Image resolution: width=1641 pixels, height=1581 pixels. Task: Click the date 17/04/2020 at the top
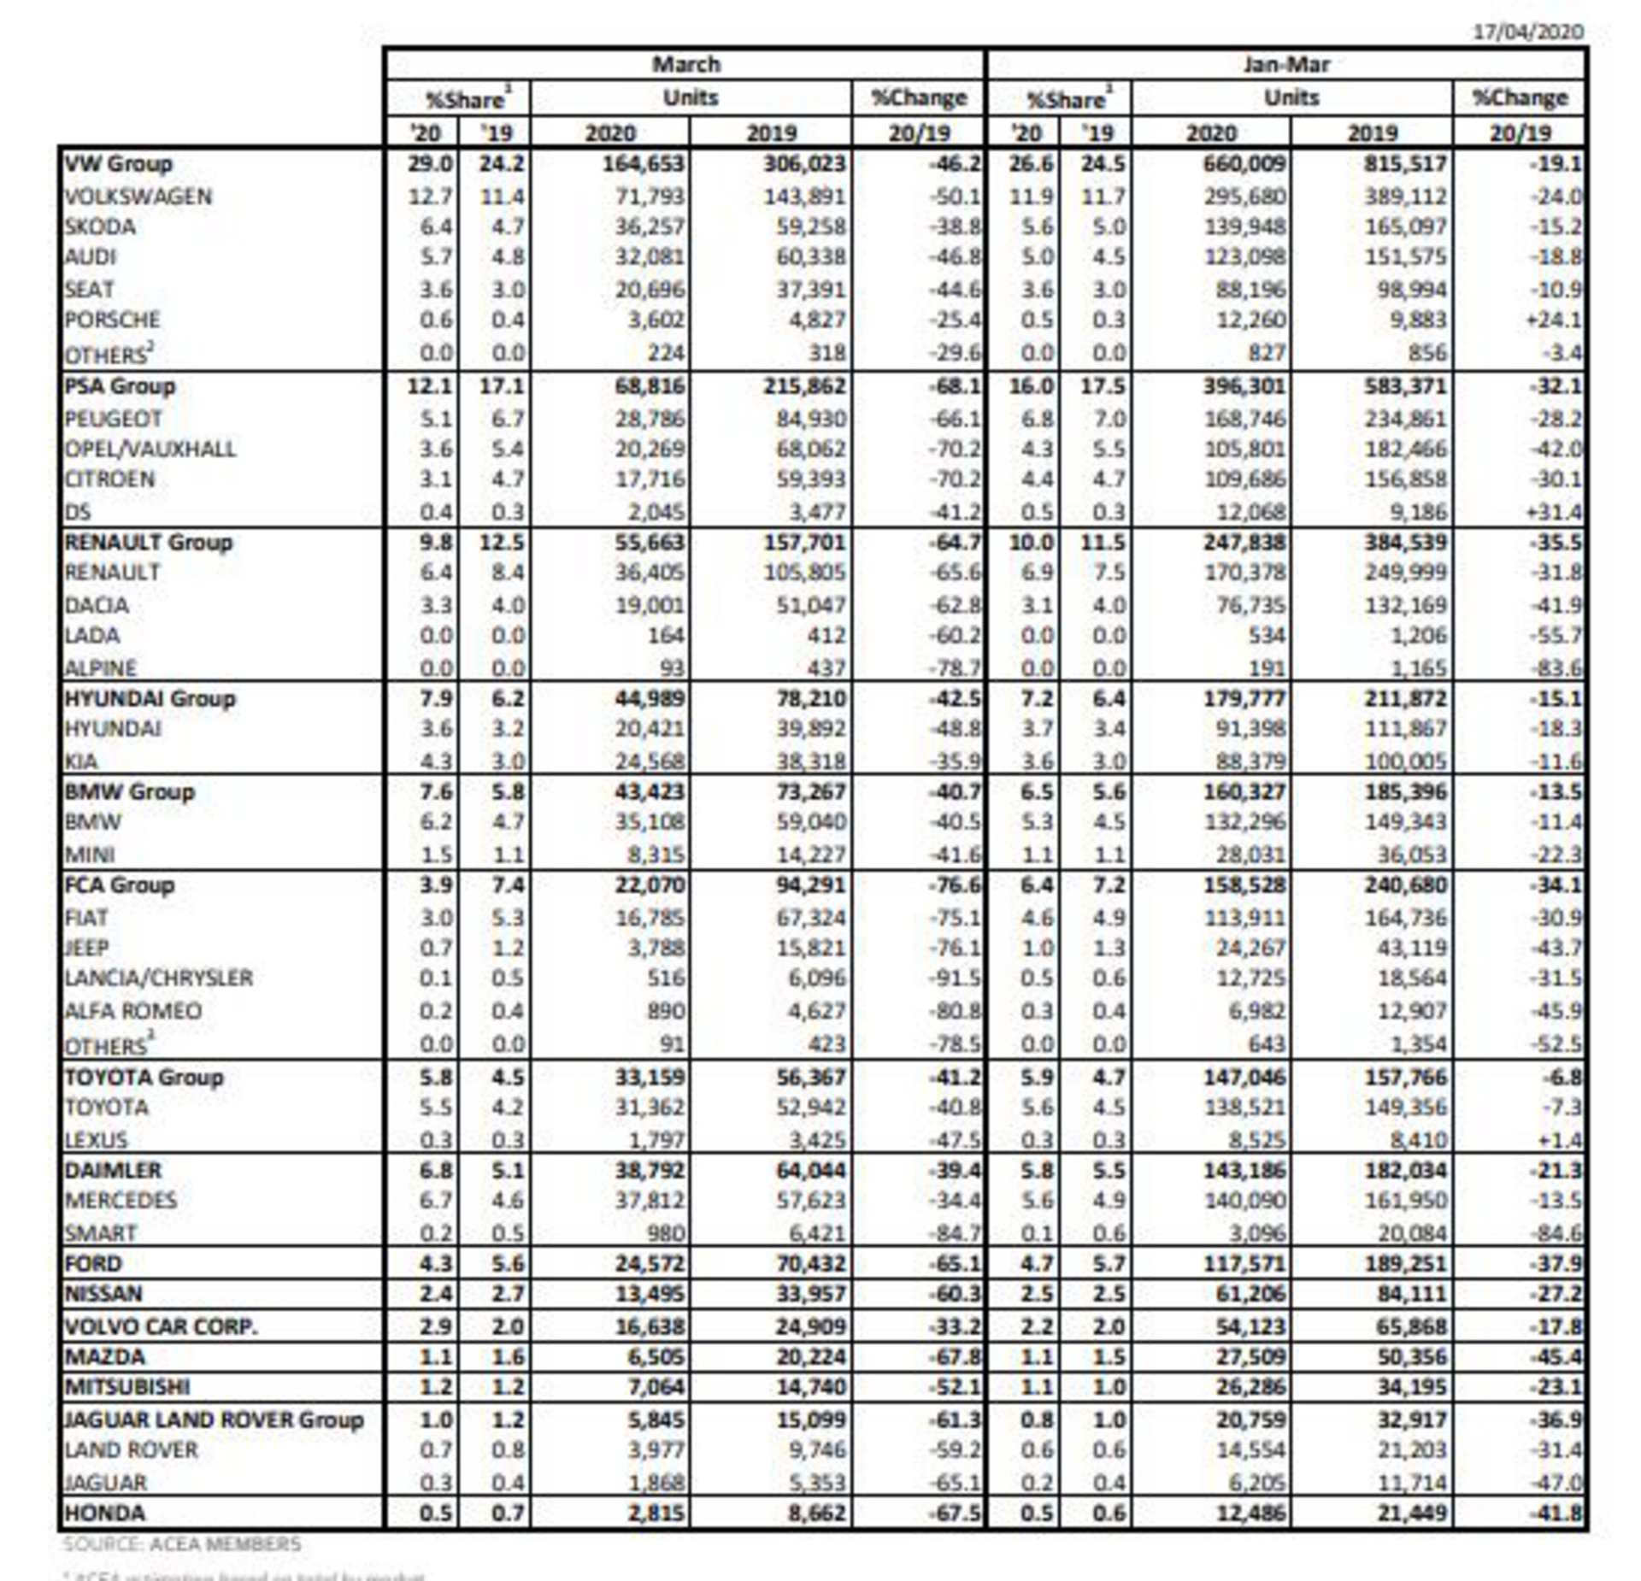(1527, 32)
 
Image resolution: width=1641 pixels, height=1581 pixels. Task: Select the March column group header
(685, 65)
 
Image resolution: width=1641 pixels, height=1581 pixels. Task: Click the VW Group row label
(118, 163)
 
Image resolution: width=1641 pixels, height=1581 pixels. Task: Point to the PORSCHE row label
(112, 320)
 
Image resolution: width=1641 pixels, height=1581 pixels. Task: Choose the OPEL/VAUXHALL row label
(150, 449)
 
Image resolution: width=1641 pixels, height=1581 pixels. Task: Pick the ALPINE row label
(101, 667)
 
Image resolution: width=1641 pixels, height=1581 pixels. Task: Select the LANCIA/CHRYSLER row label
(159, 978)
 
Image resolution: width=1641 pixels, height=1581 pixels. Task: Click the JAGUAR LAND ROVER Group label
(215, 1419)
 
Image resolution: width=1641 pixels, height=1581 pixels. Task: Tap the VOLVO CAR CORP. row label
(161, 1326)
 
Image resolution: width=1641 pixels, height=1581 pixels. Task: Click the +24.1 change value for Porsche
(1553, 320)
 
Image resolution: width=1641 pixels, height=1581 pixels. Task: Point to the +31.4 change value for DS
(1553, 512)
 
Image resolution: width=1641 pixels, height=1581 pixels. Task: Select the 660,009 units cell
(1244, 163)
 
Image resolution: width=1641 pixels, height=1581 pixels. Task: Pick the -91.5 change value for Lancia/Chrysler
(954, 978)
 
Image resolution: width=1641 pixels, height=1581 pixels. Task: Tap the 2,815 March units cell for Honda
(656, 1513)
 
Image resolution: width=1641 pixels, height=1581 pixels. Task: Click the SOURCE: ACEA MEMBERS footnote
(181, 1543)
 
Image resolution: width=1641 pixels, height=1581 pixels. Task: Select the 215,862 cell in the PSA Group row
(804, 386)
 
